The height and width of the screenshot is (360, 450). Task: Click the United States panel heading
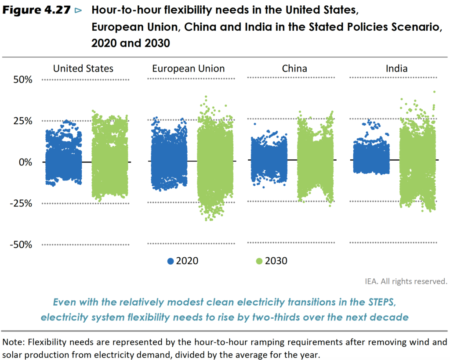[83, 68]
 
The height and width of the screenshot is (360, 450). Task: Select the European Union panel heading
[189, 68]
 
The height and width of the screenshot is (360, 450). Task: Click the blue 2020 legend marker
[171, 261]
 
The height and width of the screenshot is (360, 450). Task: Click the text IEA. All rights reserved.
[406, 281]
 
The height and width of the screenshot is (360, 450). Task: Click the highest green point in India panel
[434, 92]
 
